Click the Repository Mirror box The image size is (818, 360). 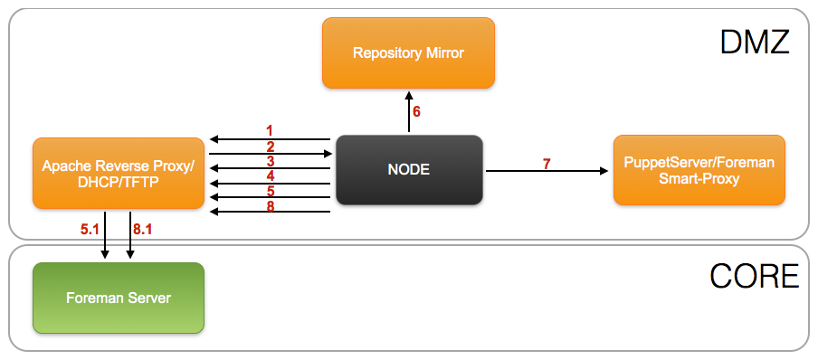408,52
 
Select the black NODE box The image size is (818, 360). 409,169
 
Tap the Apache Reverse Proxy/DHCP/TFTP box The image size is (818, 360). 118,173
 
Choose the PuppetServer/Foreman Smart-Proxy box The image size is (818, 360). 699,169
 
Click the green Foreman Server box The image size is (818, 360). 118,298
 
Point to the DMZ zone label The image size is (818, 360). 755,43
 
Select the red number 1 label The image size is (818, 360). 269,130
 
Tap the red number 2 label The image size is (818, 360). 269,146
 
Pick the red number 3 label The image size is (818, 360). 269,160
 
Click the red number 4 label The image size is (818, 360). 269,175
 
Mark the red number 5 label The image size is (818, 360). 269,191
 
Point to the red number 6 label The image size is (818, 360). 417,112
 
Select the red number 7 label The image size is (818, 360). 547,163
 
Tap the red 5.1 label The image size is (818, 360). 90,231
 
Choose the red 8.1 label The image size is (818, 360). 144,231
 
